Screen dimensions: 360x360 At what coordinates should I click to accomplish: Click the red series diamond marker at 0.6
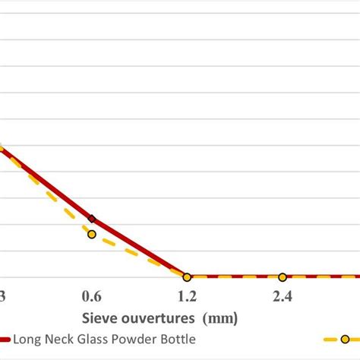click(92, 219)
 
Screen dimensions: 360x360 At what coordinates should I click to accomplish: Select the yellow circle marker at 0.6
click(92, 234)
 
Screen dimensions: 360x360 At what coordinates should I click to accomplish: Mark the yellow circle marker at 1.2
click(187, 277)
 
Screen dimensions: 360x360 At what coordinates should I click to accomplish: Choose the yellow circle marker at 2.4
click(282, 277)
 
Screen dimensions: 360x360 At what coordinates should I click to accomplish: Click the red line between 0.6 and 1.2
click(141, 248)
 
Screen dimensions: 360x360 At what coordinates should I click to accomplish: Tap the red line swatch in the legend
click(5, 339)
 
